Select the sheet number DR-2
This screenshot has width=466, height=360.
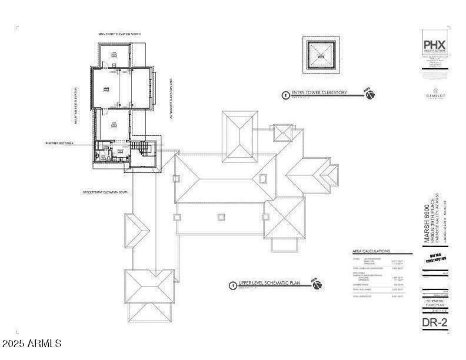click(435, 322)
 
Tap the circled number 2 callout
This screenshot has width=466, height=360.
click(286, 94)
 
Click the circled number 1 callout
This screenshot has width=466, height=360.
click(233, 285)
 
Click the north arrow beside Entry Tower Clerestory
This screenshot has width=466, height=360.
click(370, 94)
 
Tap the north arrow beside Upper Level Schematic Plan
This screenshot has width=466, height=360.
click(317, 285)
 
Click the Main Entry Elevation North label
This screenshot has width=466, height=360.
click(119, 34)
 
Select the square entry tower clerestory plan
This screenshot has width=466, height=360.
click(322, 55)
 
